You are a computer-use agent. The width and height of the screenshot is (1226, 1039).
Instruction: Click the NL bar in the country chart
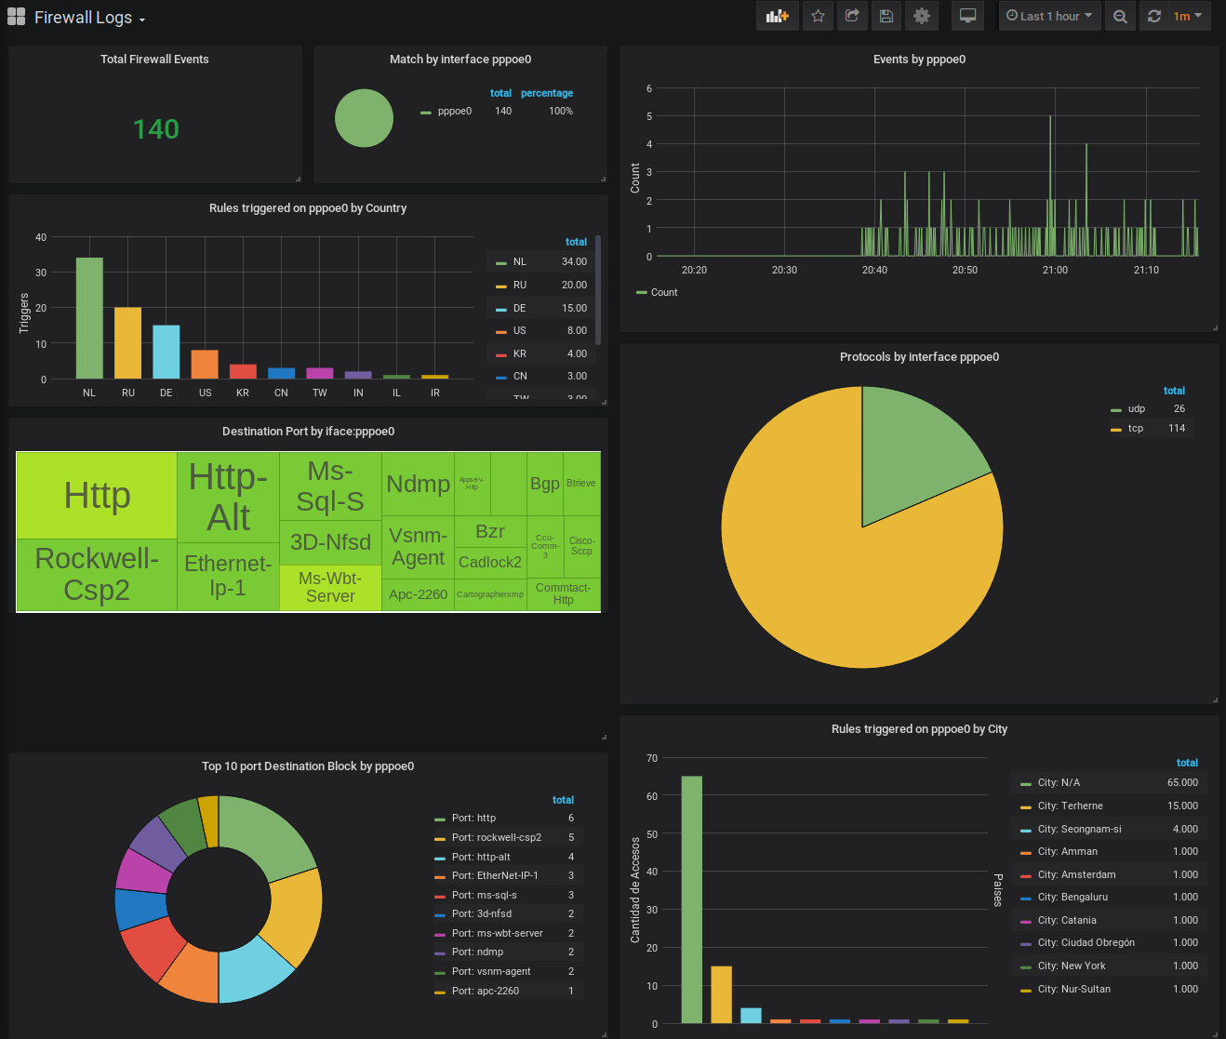pyautogui.click(x=89, y=318)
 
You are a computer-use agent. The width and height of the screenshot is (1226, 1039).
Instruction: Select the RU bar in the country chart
pyautogui.click(x=128, y=342)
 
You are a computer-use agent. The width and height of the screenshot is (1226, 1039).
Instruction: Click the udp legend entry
pyautogui.click(x=1136, y=409)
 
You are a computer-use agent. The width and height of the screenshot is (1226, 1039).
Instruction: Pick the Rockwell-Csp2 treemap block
pyautogui.click(x=97, y=574)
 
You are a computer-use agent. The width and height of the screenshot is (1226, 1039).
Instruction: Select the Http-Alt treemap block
pyautogui.click(x=228, y=498)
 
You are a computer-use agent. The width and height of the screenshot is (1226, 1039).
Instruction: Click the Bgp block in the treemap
pyautogui.click(x=545, y=484)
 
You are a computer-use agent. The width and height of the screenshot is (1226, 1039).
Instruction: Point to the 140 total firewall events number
pyautogui.click(x=155, y=129)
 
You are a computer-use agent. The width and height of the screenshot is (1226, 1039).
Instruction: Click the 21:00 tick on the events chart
pyautogui.click(x=1055, y=270)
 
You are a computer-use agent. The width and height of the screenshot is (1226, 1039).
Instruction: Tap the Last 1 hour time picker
pyautogui.click(x=1049, y=16)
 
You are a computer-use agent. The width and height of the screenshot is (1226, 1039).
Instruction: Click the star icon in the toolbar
pyautogui.click(x=818, y=16)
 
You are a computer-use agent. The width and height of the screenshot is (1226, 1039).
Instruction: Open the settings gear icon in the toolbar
pyautogui.click(x=922, y=16)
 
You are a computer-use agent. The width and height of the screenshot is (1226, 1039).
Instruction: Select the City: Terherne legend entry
pyautogui.click(x=1070, y=806)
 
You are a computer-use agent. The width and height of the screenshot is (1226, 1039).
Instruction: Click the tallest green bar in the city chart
pyautogui.click(x=691, y=899)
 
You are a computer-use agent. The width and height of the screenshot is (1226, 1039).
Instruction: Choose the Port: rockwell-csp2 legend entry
pyautogui.click(x=496, y=838)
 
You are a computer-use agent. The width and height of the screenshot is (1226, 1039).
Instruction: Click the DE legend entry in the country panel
pyautogui.click(x=519, y=308)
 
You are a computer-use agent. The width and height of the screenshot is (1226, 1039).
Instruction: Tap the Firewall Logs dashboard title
pyautogui.click(x=83, y=18)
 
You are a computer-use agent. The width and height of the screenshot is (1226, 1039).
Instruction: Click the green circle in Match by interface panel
pyautogui.click(x=364, y=118)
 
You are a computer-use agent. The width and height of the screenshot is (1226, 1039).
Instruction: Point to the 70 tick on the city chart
pyautogui.click(x=651, y=759)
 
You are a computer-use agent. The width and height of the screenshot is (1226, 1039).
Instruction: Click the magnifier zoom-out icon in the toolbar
pyautogui.click(x=1120, y=16)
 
